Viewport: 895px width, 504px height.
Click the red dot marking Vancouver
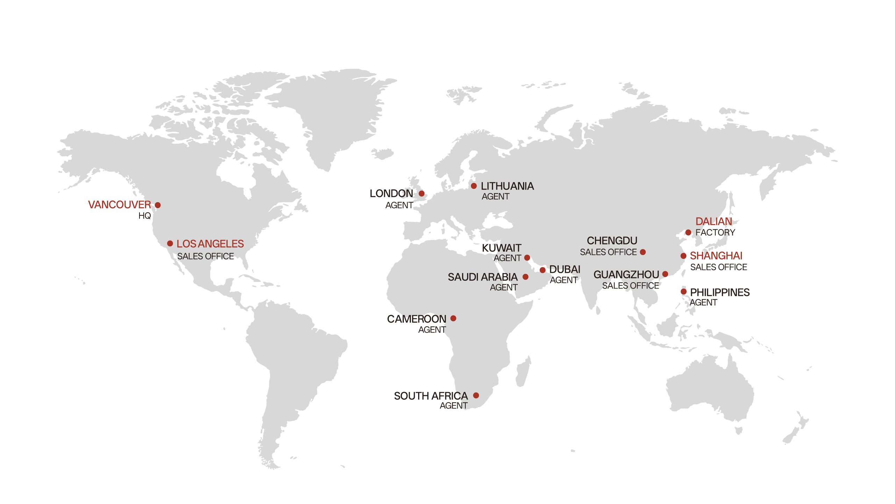point(158,205)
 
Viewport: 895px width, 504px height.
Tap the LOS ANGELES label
point(210,244)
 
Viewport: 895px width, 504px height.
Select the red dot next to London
point(422,193)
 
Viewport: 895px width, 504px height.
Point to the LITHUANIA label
point(507,186)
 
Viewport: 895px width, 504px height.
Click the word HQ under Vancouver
point(144,216)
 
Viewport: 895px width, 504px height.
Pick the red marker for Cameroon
point(453,318)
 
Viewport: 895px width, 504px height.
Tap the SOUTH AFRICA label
point(431,396)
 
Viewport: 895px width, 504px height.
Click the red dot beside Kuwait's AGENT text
point(527,258)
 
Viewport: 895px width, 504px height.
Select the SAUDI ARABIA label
point(482,277)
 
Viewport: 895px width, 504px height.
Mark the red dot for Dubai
point(543,270)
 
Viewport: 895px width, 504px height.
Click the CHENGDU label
point(612,241)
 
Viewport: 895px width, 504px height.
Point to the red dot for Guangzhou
point(665,274)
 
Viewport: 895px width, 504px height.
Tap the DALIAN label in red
point(714,221)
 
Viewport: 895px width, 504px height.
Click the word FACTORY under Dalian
point(715,233)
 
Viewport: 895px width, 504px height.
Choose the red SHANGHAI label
point(716,256)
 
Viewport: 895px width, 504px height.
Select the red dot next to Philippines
point(683,291)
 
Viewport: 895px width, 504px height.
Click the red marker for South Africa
point(476,395)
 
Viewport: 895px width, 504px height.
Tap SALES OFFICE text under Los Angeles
point(206,256)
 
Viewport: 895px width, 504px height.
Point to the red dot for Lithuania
point(474,186)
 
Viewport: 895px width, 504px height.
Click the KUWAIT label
point(501,248)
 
